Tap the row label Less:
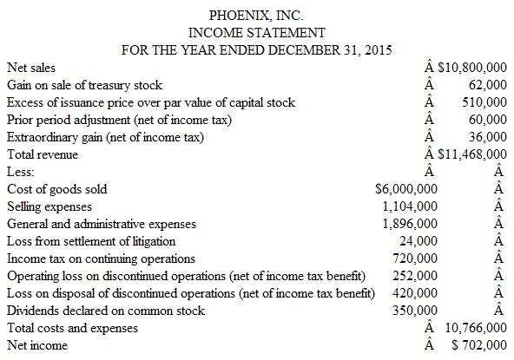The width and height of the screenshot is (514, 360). tap(20, 171)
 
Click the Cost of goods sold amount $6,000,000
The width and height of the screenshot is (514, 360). tap(400, 188)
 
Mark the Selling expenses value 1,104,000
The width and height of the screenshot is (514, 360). tap(410, 206)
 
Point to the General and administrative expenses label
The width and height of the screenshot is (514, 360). tap(101, 224)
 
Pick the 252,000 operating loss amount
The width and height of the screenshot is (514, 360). tap(409, 276)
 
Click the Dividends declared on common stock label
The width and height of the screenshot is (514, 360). tap(97, 311)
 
